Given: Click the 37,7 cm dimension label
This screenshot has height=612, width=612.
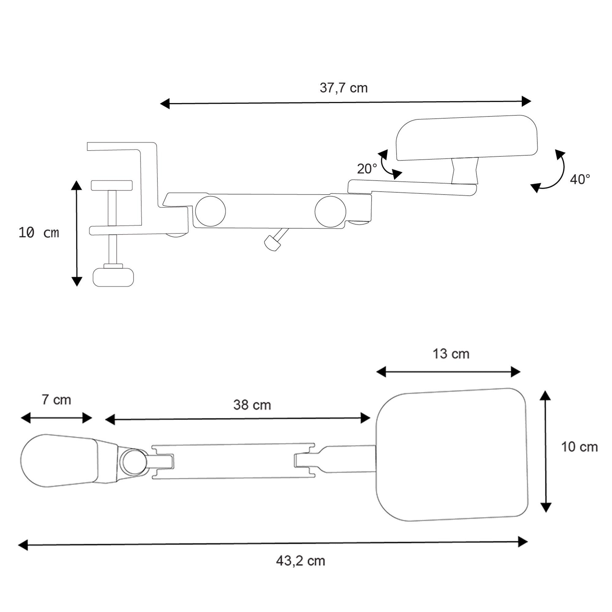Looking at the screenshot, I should click(343, 88).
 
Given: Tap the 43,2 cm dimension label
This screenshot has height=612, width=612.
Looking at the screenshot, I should click(300, 561).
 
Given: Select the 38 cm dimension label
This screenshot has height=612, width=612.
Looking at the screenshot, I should click(252, 405).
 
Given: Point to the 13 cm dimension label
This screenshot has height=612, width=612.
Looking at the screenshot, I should click(451, 354).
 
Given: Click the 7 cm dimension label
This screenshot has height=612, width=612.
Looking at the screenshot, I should click(56, 400).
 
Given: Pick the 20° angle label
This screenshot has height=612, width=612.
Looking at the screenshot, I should click(367, 169).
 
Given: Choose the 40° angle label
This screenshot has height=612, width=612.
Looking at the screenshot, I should click(580, 179).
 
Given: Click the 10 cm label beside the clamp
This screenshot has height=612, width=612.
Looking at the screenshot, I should click(39, 233).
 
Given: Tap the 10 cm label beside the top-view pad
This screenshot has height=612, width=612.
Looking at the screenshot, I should click(579, 447).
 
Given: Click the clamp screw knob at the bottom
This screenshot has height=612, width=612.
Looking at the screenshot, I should click(113, 277).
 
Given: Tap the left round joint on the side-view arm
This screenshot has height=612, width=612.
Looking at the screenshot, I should click(210, 211).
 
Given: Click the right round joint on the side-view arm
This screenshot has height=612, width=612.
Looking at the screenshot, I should click(330, 212).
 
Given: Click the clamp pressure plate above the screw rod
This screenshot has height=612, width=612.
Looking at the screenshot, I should click(111, 185).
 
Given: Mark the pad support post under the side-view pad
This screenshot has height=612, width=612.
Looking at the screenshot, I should click(465, 171).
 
